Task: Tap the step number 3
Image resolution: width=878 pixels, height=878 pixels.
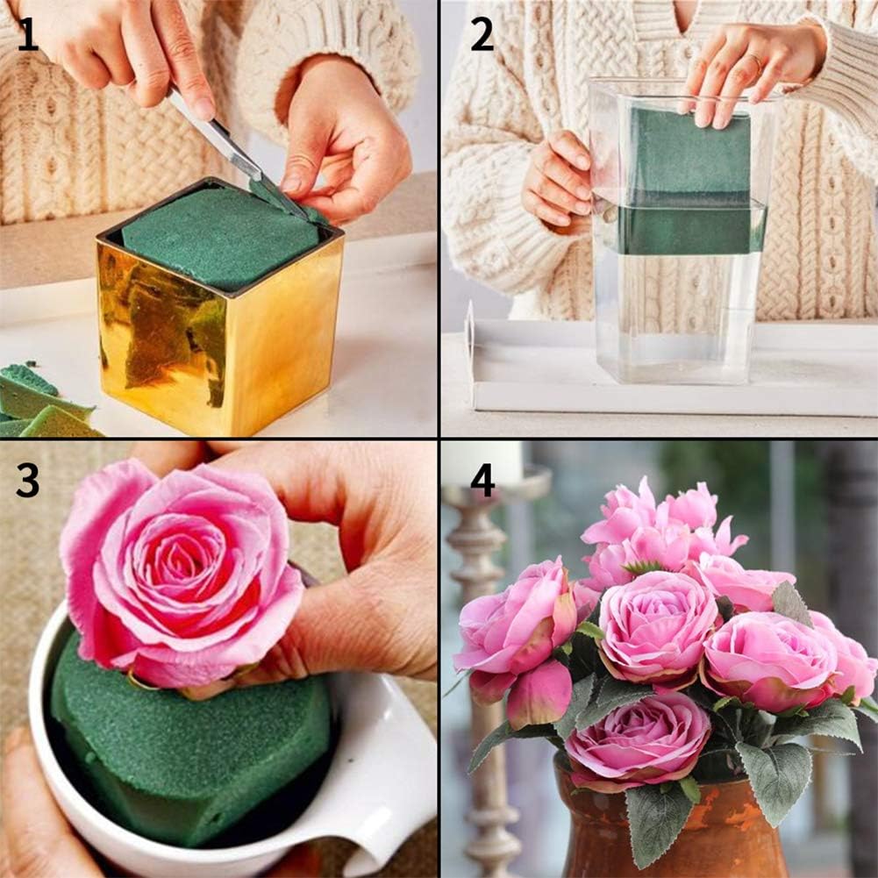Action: click(27, 480)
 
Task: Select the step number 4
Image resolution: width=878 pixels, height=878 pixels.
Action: click(482, 480)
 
